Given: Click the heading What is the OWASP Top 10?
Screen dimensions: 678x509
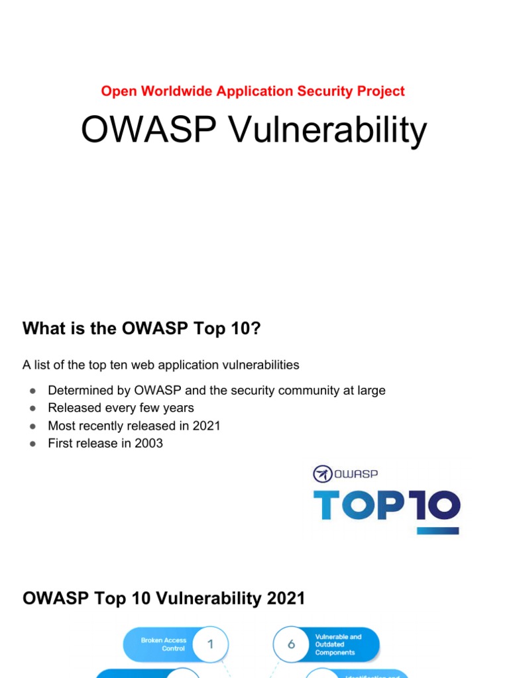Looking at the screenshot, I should (x=142, y=328).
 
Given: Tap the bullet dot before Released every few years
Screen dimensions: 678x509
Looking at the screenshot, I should (x=31, y=409).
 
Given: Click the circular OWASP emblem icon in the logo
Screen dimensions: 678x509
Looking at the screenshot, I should (x=322, y=473).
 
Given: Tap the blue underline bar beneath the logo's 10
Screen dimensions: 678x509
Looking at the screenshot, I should (x=437, y=530).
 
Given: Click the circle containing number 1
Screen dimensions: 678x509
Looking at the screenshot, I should (x=211, y=644).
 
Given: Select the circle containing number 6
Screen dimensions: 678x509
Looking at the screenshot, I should (x=291, y=644).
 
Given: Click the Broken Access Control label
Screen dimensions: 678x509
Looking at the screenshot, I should (x=163, y=644).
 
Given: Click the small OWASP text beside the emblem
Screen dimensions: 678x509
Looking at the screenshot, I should (x=356, y=473).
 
